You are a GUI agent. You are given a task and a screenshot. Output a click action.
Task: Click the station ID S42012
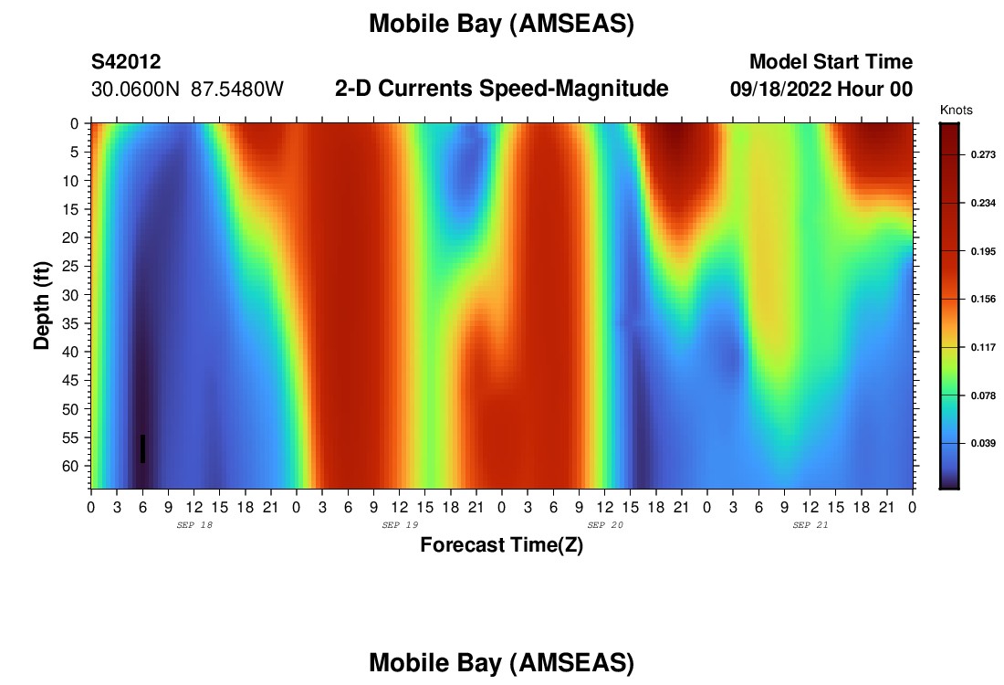point(126,61)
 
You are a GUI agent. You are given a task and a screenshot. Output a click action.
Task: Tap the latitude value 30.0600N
point(136,89)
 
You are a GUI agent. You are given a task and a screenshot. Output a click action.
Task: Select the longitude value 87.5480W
point(237,89)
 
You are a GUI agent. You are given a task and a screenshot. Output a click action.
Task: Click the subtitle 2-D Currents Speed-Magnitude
point(501,89)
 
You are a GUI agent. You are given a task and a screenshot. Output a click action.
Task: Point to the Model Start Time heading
point(831,61)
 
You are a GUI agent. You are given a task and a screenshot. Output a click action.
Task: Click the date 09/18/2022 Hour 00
point(821,89)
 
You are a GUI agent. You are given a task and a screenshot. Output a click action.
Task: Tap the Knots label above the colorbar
point(956,111)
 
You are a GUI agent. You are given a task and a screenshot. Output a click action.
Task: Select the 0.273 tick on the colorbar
point(984,154)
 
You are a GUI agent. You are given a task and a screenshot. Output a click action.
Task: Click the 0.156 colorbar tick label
point(984,299)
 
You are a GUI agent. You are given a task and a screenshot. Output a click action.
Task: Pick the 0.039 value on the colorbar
point(984,443)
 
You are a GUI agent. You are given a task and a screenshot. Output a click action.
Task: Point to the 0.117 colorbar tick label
point(984,347)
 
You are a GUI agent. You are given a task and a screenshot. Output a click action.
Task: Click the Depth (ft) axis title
point(42,305)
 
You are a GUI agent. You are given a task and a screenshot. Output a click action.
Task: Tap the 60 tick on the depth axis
point(69,466)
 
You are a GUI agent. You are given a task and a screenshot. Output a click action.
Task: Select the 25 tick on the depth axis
point(69,266)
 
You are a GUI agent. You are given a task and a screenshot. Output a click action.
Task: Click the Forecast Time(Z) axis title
point(501,544)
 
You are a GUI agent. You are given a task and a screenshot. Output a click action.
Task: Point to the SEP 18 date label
point(194,525)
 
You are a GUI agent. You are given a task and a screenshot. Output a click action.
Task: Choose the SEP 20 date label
point(605,525)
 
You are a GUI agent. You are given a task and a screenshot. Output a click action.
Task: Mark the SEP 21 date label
point(810,525)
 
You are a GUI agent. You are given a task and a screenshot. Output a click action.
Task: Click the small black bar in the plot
point(142,448)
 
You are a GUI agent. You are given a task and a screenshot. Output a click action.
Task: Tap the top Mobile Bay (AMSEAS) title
point(501,24)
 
